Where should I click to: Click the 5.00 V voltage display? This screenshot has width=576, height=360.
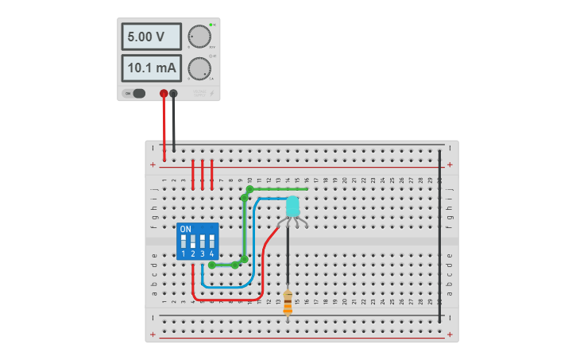click(x=152, y=37)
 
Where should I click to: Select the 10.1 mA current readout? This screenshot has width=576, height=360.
click(x=152, y=68)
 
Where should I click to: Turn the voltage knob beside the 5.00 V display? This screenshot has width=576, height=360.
click(x=199, y=37)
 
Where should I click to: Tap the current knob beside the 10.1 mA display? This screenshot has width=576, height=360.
click(x=199, y=68)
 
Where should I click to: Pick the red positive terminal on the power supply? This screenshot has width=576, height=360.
click(x=164, y=94)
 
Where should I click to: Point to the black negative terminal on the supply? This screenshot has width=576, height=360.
click(x=173, y=94)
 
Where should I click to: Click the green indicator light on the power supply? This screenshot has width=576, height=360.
click(x=211, y=25)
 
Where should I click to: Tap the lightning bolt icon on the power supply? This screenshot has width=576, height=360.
click(x=211, y=93)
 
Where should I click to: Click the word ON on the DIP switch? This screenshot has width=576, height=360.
click(x=185, y=229)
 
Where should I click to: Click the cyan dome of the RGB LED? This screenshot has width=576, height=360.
click(x=292, y=207)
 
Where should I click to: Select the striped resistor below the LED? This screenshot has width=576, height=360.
click(x=288, y=302)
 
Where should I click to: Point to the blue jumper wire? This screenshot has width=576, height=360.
click(x=253, y=246)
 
